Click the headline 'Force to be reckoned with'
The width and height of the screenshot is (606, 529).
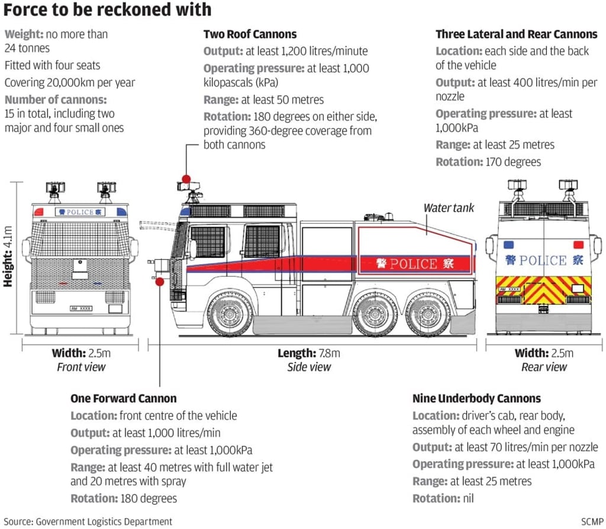(107, 10)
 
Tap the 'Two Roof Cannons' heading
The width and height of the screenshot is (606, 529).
(250, 34)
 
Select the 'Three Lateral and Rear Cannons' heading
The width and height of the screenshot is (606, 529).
(516, 34)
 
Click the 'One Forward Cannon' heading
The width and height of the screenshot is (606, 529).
(123, 398)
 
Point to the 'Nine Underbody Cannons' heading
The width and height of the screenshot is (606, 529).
(476, 398)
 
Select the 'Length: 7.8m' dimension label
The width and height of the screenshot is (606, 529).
(309, 353)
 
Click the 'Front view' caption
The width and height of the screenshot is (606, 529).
(81, 367)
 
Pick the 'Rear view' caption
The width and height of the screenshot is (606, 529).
(544, 367)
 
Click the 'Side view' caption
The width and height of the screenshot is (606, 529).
(309, 367)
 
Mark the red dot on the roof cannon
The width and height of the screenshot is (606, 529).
(186, 179)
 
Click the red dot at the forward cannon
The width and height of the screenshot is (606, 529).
(160, 282)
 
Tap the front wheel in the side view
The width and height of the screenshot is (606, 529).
(230, 313)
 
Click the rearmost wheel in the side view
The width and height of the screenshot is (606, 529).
(427, 313)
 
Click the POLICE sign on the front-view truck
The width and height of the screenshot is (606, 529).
(80, 212)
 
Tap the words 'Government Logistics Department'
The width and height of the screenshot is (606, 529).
(104, 521)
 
